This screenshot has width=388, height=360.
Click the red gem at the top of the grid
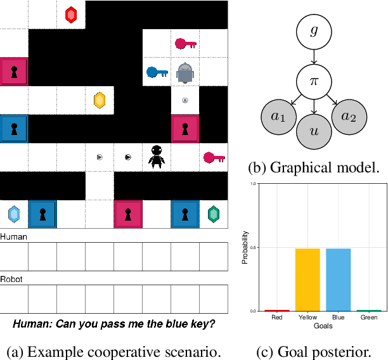pyautogui.click(x=71, y=15)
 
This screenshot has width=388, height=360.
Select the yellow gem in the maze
pyautogui.click(x=99, y=100)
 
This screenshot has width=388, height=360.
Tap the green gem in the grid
pyautogui.click(x=214, y=214)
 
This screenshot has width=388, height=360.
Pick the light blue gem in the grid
pyautogui.click(x=14, y=214)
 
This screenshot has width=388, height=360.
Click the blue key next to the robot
pyautogui.click(x=155, y=72)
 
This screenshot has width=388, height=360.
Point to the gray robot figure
pyautogui.click(x=184, y=73)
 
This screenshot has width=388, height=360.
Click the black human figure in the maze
pyautogui.click(x=157, y=156)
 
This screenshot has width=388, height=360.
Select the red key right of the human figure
pyautogui.click(x=213, y=157)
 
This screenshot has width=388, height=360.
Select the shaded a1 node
pyautogui.click(x=276, y=117)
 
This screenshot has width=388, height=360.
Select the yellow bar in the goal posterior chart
pyautogui.click(x=308, y=280)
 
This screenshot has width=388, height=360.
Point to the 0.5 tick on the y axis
pyautogui.click(x=254, y=247)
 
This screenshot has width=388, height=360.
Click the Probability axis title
pyautogui.click(x=245, y=247)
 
